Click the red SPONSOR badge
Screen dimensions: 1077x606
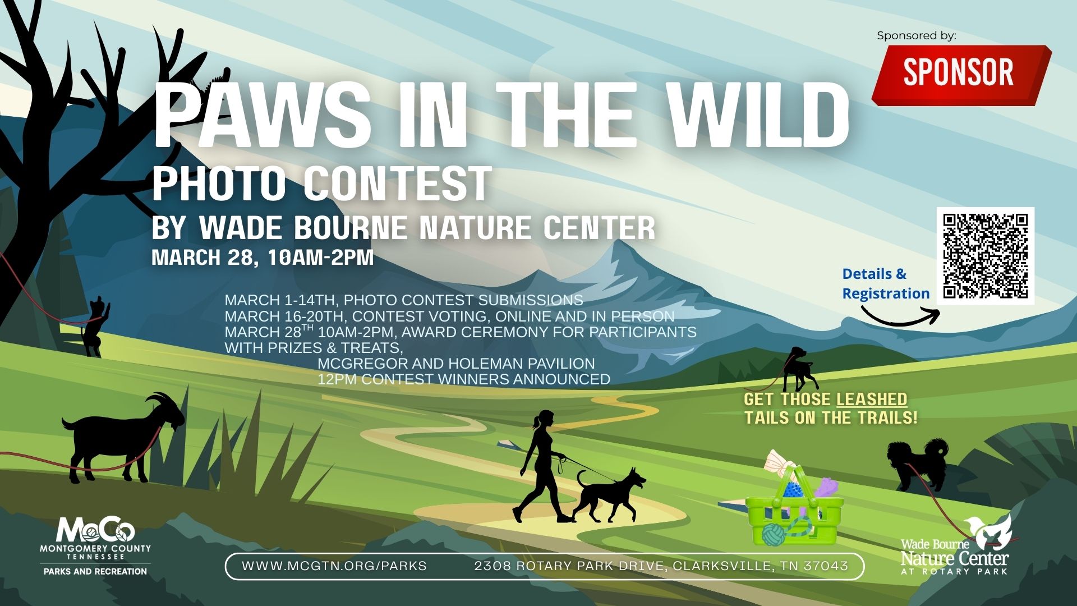[x=961, y=75]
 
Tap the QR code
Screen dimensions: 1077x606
[x=986, y=256]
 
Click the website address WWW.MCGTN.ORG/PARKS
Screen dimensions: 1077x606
[x=334, y=566]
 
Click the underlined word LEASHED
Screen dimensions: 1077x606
[x=872, y=400]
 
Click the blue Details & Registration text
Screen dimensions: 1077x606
[x=886, y=284]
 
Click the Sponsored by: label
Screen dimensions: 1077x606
[x=917, y=35]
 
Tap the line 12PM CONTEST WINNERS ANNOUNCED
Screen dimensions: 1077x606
[x=464, y=379]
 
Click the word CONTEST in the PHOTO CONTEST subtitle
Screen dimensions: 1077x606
[x=398, y=183]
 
